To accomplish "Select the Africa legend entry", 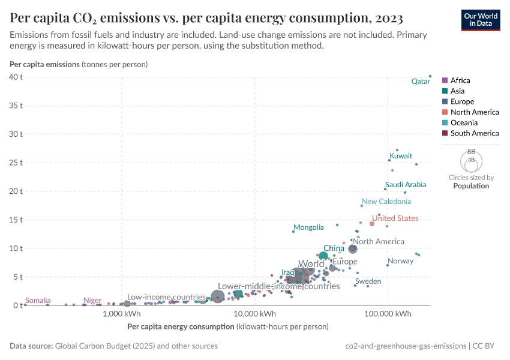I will (460, 80).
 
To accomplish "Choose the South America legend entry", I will (474, 133).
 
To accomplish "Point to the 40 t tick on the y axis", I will (15, 77).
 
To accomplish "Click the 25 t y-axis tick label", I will (15, 163).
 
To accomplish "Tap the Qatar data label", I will (420, 82).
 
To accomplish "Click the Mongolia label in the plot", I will (308, 227).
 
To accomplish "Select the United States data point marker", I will (372, 224).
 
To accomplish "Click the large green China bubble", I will (323, 256).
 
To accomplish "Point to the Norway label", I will (400, 261).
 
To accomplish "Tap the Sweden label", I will (368, 281).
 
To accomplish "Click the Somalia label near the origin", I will (37, 301).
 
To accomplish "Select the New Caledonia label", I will (386, 202).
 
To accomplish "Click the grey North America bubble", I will (353, 249).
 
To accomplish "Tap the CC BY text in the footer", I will (490, 346).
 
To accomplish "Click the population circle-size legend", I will (471, 161).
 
